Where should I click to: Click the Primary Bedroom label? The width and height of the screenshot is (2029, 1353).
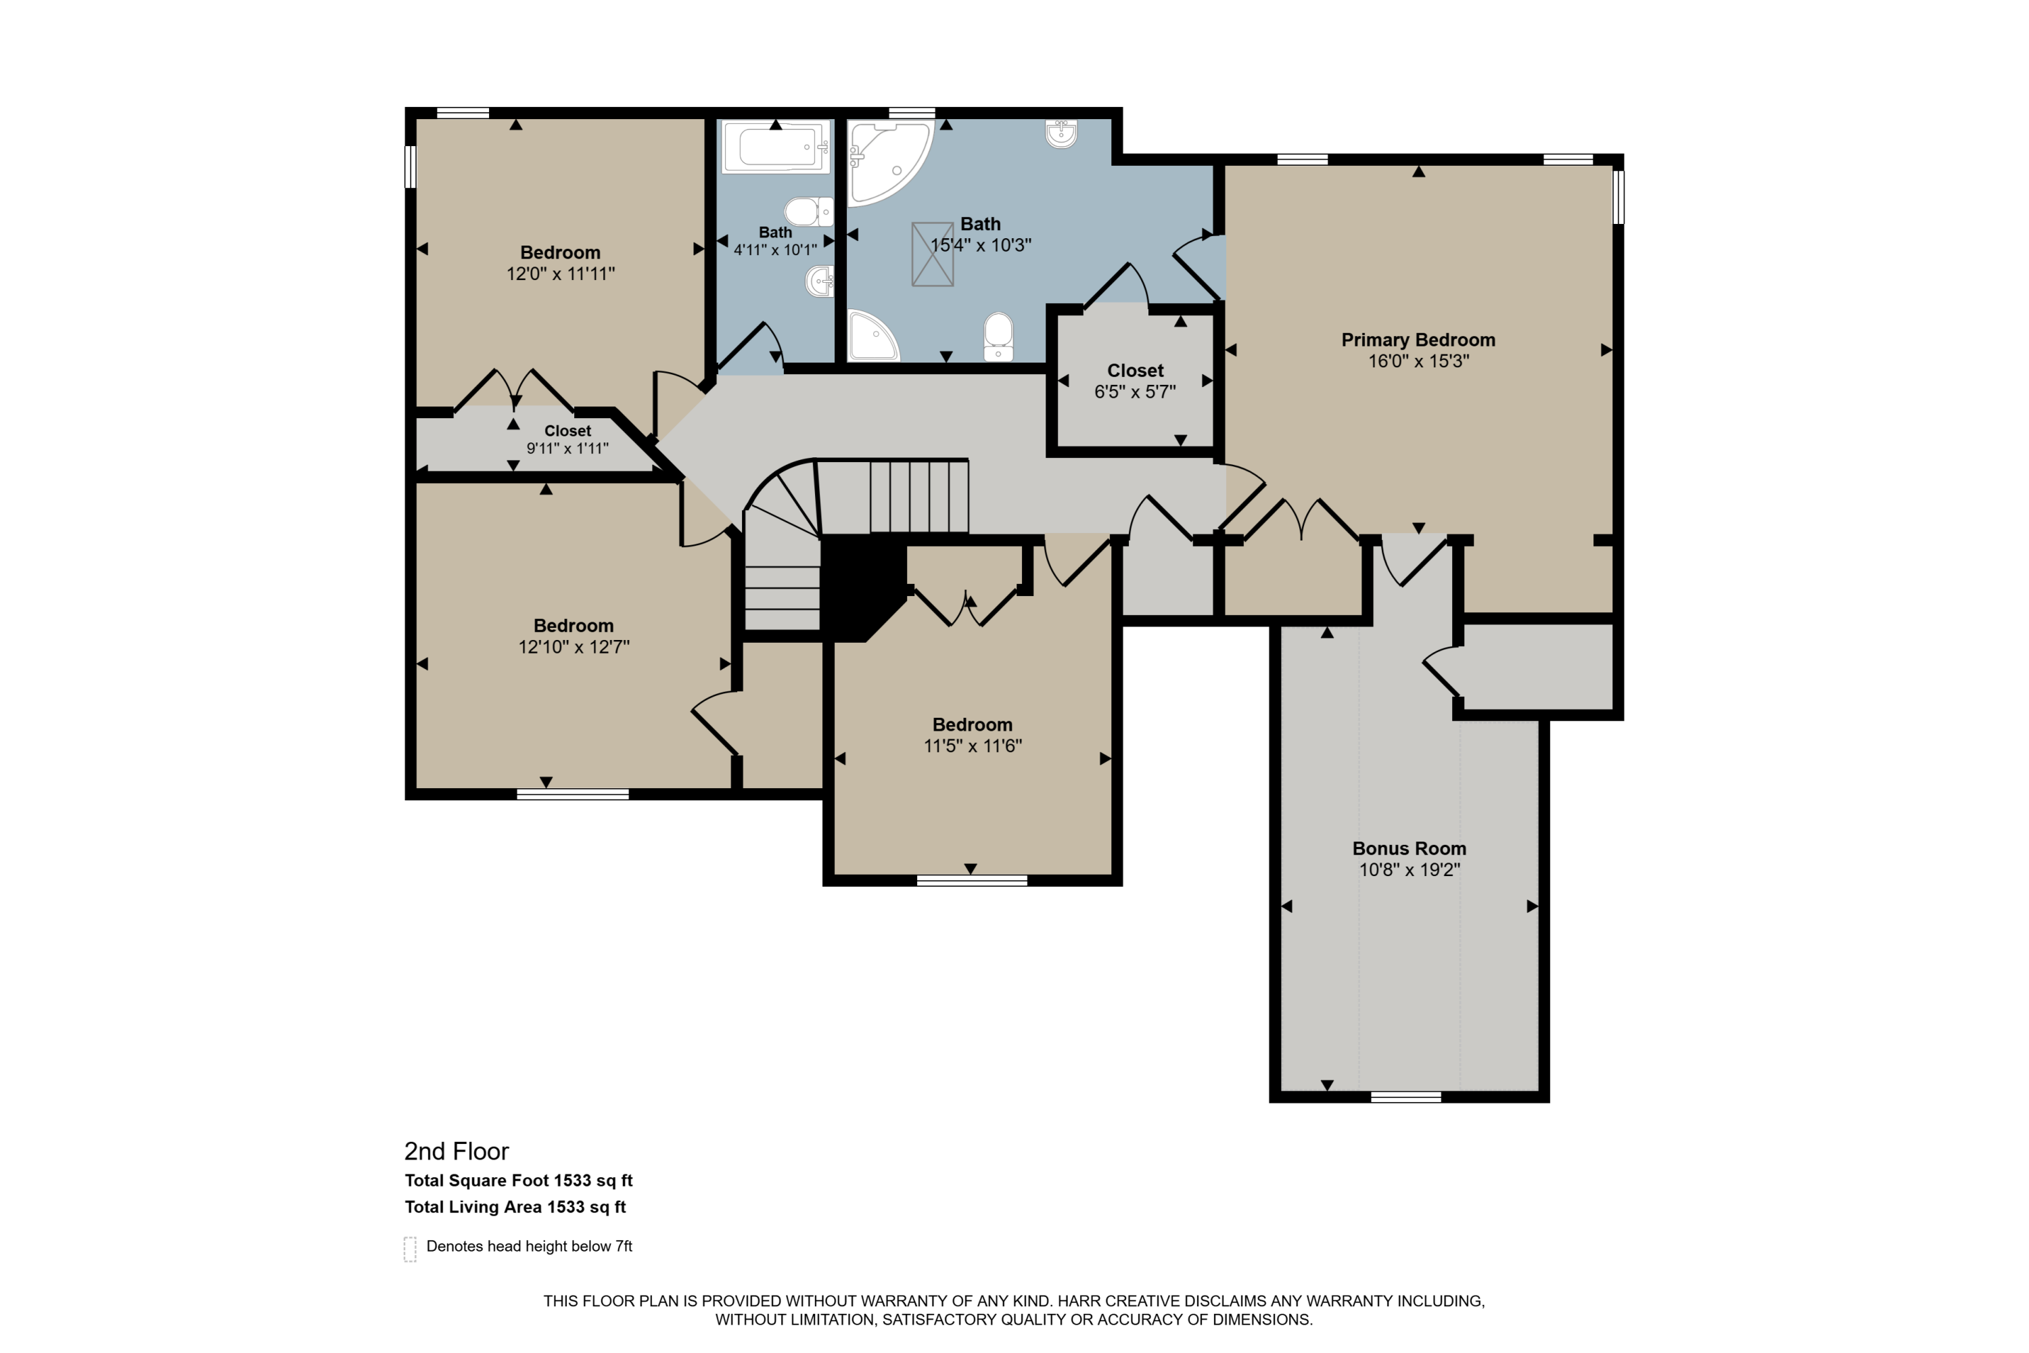coord(1418,340)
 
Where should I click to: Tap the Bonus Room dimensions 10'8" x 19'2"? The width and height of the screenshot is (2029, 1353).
coord(1409,870)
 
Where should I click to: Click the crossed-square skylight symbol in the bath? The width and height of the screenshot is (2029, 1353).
coord(933,254)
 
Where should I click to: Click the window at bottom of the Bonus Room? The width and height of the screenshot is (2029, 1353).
coord(1405,1097)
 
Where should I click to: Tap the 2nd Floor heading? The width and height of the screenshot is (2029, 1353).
coord(457,1151)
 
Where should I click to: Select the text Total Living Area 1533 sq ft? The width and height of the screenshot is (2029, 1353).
coord(515,1207)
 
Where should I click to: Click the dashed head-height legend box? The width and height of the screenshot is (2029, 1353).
coord(411,1249)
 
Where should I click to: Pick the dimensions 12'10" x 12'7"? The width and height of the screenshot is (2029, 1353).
coord(574,647)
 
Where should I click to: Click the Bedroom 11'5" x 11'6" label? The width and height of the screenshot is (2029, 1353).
coord(973,725)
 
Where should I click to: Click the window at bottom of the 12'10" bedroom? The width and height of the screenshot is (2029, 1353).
coord(572,794)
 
